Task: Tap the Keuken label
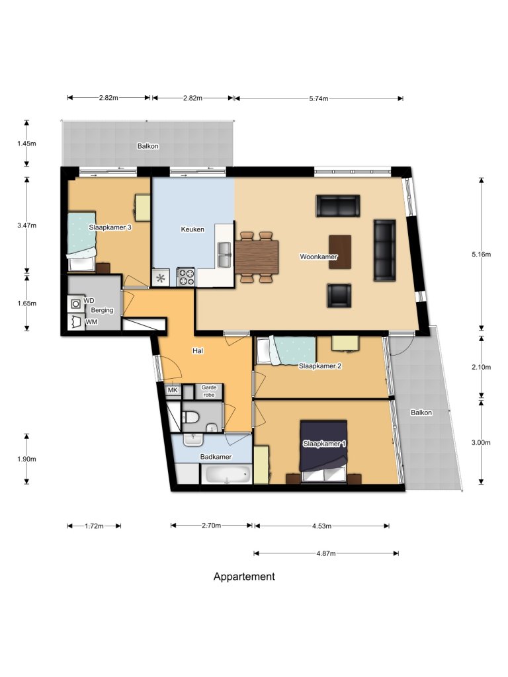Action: (192, 229)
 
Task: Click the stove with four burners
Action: (186, 277)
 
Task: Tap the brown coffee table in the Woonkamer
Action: (340, 251)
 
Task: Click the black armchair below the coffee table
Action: (339, 295)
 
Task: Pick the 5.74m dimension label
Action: (317, 99)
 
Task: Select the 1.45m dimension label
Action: (26, 143)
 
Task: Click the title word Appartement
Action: (244, 577)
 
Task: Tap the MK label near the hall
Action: (173, 391)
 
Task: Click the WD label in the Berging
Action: (89, 301)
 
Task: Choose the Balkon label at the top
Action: (148, 146)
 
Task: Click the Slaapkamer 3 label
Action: (110, 227)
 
